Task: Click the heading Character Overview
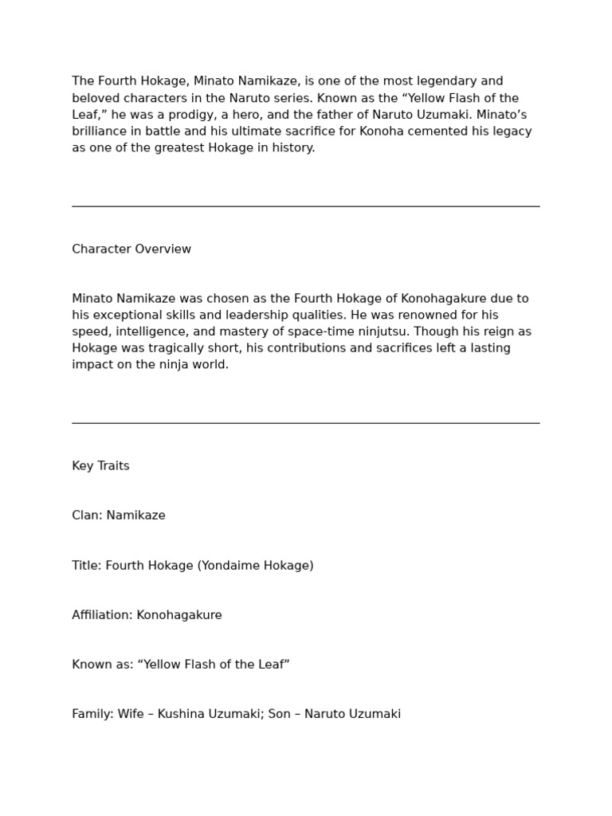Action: (x=131, y=249)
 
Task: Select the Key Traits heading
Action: (x=100, y=466)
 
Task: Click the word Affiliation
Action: (x=101, y=615)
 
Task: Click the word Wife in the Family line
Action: (x=131, y=714)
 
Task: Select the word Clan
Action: (x=86, y=516)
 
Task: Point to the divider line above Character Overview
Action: (x=306, y=206)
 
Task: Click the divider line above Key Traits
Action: (x=306, y=423)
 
